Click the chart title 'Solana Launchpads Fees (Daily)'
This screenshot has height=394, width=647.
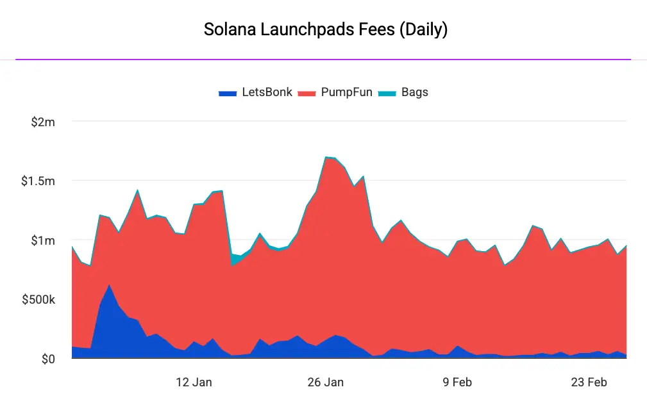point(325,29)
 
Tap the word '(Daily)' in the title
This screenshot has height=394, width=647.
point(423,29)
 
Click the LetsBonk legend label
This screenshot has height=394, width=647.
point(267,92)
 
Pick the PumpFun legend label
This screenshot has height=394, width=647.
point(346,92)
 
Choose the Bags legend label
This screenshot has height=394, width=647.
point(415,92)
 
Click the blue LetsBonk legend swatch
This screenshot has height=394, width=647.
point(228,93)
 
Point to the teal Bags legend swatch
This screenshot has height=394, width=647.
point(387,93)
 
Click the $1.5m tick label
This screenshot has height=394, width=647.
point(38,181)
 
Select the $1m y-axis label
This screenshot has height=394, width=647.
point(43,240)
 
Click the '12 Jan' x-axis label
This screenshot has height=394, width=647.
point(194,382)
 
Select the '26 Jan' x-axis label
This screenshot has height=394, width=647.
point(325,382)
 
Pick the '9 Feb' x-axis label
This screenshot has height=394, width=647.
point(457,382)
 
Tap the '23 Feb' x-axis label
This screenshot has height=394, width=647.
point(589,382)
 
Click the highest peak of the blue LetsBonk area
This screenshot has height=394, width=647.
point(110,285)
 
